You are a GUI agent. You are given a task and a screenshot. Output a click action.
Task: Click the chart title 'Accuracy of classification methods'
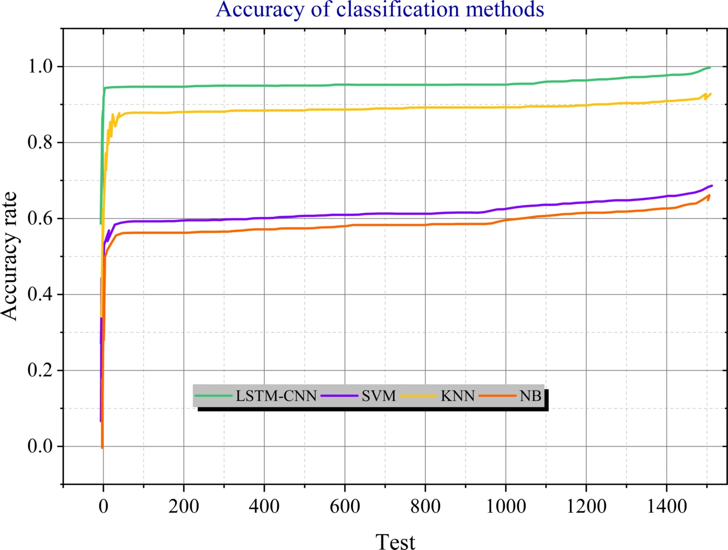(380, 10)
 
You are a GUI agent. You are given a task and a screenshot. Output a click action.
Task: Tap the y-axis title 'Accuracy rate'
(10, 256)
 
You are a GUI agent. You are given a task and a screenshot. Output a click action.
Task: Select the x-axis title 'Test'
(395, 542)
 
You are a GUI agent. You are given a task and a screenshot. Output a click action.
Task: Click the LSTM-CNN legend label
(276, 396)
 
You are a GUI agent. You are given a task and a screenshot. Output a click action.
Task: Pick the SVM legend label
(379, 396)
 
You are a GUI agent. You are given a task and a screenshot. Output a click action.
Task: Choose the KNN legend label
(457, 396)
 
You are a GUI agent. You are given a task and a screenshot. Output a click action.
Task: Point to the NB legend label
(530, 396)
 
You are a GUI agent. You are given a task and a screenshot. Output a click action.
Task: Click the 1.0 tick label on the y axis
(41, 66)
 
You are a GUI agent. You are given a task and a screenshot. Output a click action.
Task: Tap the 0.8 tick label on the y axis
(41, 142)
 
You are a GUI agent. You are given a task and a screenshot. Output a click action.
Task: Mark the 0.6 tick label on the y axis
(41, 218)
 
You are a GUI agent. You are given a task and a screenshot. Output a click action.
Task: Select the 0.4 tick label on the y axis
(41, 295)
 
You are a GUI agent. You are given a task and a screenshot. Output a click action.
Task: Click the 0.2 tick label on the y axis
(41, 371)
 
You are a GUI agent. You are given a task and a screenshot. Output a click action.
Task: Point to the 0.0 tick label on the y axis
(41, 446)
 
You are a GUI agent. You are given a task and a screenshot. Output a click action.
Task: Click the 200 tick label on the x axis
(184, 507)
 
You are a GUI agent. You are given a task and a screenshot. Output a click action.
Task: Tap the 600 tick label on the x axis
(344, 507)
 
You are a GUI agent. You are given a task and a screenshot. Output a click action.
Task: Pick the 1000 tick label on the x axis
(506, 507)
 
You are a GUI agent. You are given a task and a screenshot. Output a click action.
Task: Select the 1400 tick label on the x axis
(666, 507)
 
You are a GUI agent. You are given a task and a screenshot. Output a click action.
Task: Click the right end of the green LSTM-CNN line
(710, 67)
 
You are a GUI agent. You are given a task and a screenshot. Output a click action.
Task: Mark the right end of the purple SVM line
(712, 186)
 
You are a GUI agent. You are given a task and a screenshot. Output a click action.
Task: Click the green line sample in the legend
(214, 396)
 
